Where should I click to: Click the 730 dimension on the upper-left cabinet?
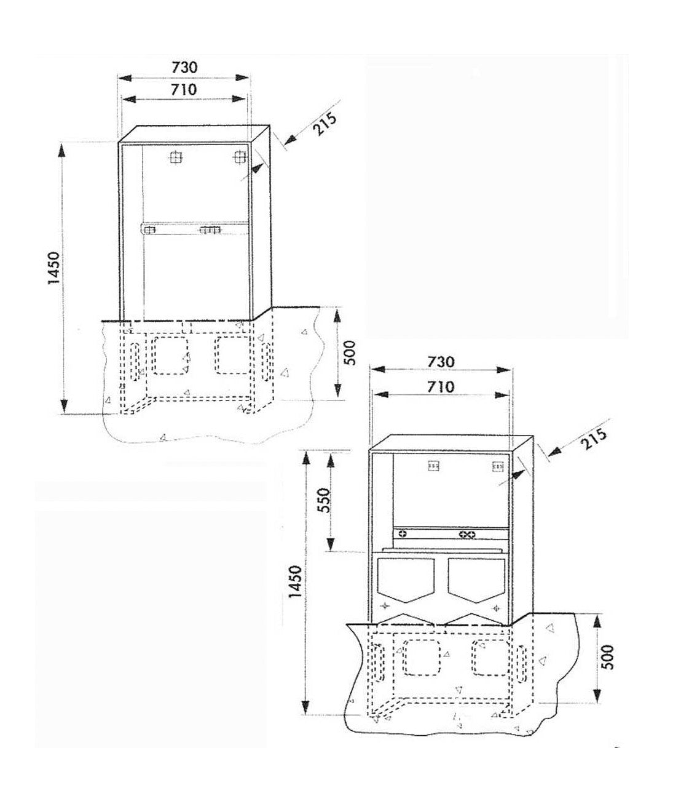[x=184, y=68]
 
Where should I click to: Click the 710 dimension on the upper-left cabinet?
[x=184, y=89]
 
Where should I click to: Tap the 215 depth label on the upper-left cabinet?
[x=325, y=124]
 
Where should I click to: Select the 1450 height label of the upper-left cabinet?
[x=54, y=268]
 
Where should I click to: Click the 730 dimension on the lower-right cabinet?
[x=441, y=362]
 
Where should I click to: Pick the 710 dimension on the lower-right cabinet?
[x=441, y=387]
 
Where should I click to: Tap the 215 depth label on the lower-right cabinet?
[x=594, y=439]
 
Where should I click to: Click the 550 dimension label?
[x=326, y=500]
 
